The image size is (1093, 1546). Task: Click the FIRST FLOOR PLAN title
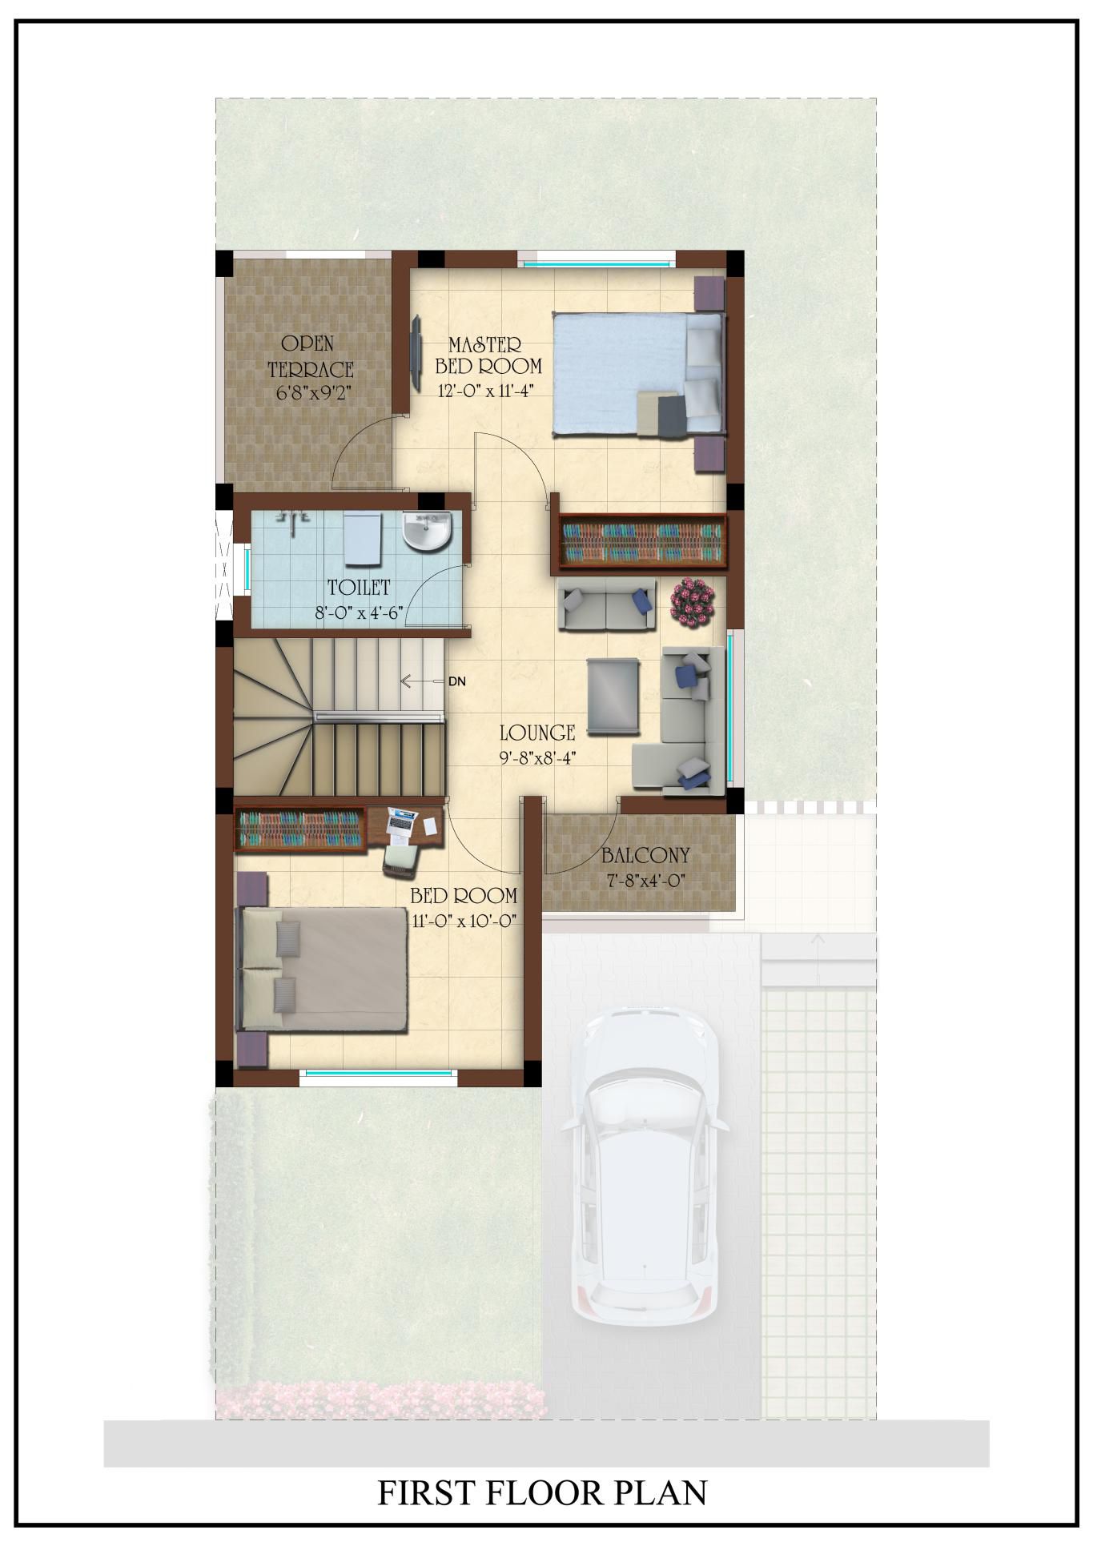542,1492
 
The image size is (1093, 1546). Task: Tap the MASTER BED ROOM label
488,355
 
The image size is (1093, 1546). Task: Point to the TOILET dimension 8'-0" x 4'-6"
358,614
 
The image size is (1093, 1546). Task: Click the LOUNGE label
537,732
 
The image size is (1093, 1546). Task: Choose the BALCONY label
645,856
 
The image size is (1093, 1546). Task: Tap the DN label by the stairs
456,682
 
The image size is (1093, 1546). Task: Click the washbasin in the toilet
427,532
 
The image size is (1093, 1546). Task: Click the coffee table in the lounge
613,696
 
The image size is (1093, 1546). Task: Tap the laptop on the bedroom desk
403,821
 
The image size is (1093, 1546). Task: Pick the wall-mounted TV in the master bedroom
416,352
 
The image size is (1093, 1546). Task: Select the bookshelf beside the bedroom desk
299,829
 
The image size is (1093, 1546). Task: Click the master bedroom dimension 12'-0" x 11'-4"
485,391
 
